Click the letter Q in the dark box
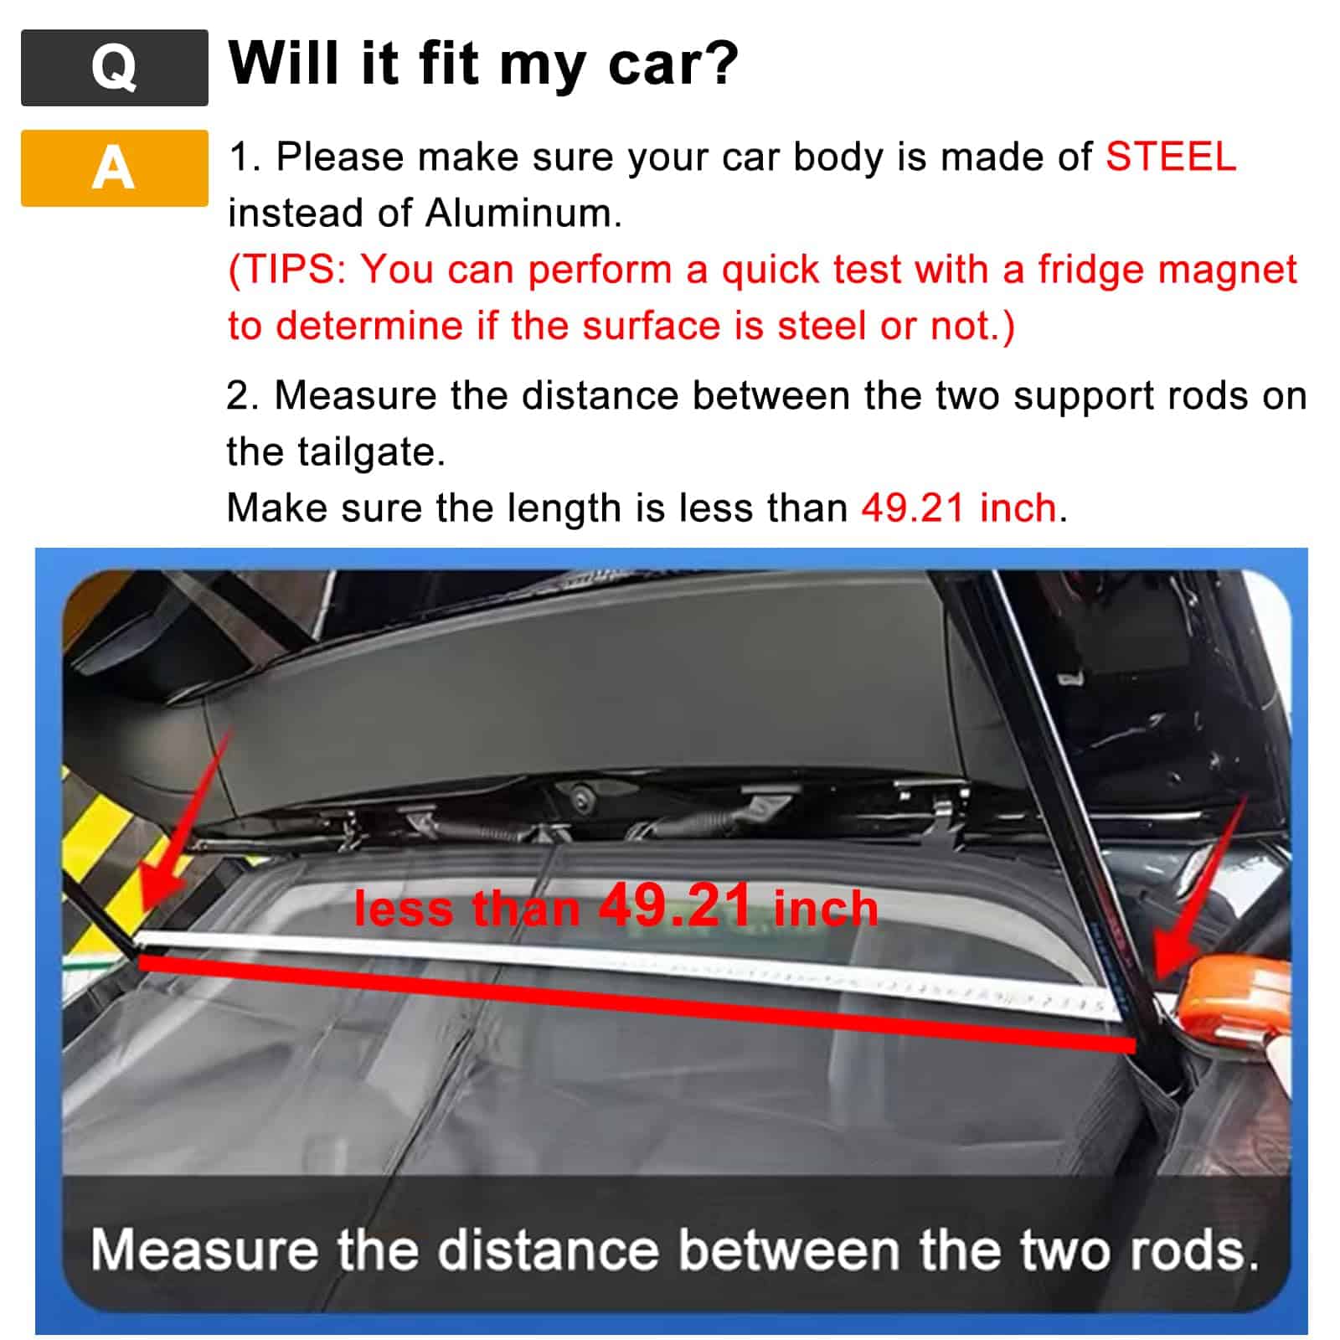114,67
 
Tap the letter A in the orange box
114,167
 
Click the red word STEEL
1170,157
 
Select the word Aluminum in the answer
522,213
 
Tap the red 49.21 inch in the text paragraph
959,508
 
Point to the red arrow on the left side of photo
180,846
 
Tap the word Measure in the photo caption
204,1250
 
